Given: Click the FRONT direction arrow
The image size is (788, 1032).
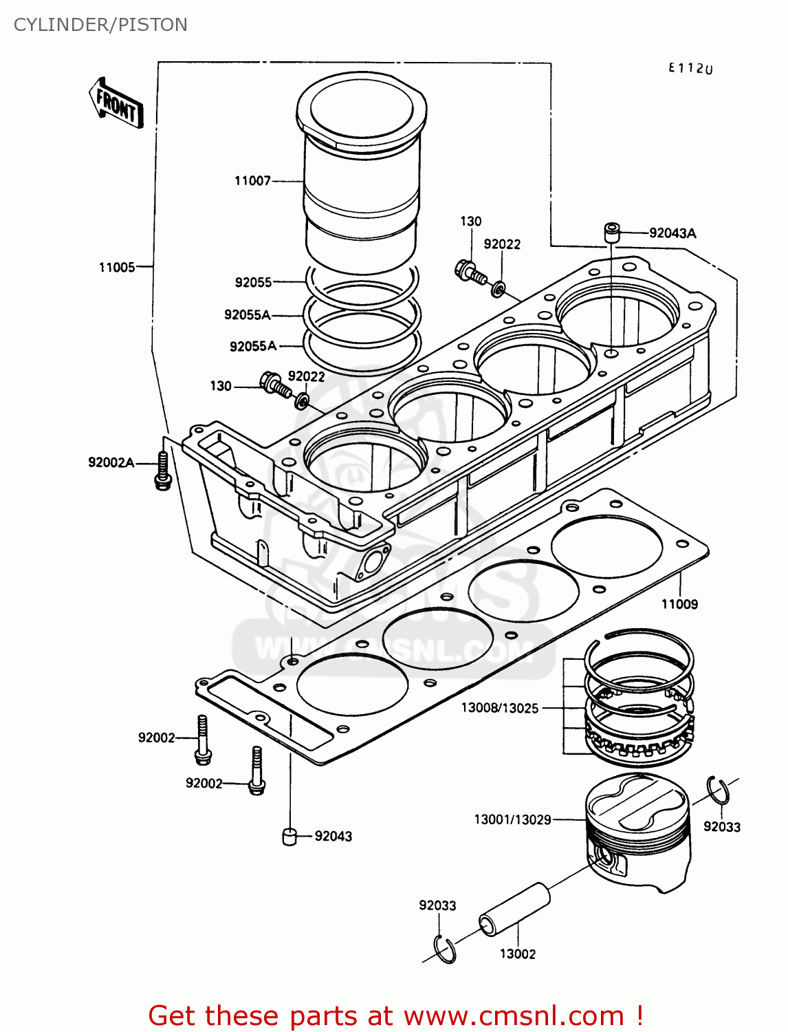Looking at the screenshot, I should click(x=116, y=104).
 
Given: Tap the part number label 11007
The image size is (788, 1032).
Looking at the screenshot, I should click(x=252, y=181).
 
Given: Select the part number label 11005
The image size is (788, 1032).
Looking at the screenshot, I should click(x=117, y=267).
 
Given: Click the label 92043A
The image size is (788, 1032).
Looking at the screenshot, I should click(x=672, y=233).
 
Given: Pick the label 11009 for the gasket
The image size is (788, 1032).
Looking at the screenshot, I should click(x=679, y=604).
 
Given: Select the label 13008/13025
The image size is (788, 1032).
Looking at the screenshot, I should click(x=499, y=708).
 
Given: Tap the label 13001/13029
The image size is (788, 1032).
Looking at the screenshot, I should click(x=512, y=819).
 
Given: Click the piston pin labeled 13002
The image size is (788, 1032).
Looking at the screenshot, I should click(x=515, y=910).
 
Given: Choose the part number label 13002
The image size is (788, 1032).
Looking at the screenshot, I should click(x=517, y=954).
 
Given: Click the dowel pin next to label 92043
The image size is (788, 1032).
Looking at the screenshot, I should click(x=289, y=836).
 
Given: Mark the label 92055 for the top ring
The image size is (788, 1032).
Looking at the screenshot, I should click(x=253, y=282).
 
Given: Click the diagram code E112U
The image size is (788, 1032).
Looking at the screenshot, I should click(x=690, y=68).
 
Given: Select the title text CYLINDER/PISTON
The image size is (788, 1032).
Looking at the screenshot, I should click(x=100, y=25).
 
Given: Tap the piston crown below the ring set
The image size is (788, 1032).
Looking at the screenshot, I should click(x=637, y=805).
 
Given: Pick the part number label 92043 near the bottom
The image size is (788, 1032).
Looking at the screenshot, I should click(x=333, y=836).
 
